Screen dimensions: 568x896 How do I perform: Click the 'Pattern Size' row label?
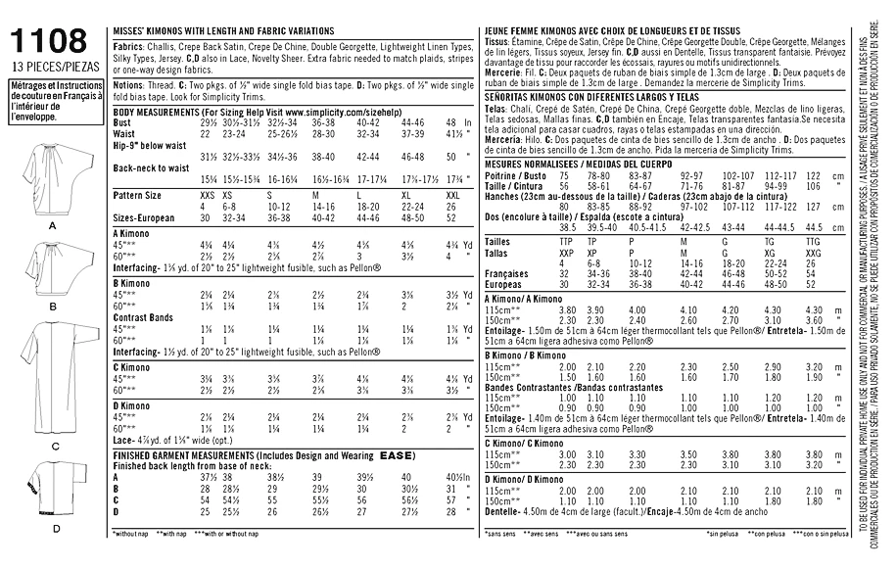(x=138, y=197)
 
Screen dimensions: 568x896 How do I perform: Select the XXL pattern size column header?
(x=450, y=197)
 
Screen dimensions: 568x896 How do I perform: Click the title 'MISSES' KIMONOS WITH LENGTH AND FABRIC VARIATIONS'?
(x=230, y=32)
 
